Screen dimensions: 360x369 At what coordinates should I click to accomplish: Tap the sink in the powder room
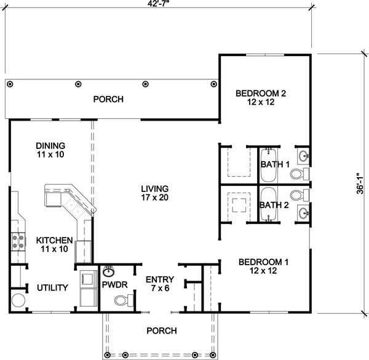click(x=109, y=271)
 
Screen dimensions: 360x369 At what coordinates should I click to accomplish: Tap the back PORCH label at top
click(x=108, y=99)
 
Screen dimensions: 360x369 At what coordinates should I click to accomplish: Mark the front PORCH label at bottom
click(x=162, y=330)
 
